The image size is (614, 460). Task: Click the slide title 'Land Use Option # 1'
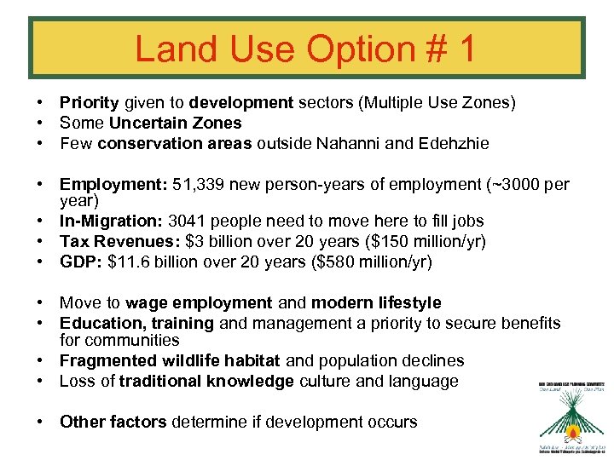click(x=305, y=49)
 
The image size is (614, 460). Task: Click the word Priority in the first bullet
click(x=89, y=103)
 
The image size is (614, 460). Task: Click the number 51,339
click(x=198, y=185)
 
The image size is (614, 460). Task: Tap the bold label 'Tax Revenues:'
click(x=113, y=242)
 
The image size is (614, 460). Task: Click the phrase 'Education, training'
click(x=136, y=324)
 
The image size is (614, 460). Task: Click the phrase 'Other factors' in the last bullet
click(x=113, y=423)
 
